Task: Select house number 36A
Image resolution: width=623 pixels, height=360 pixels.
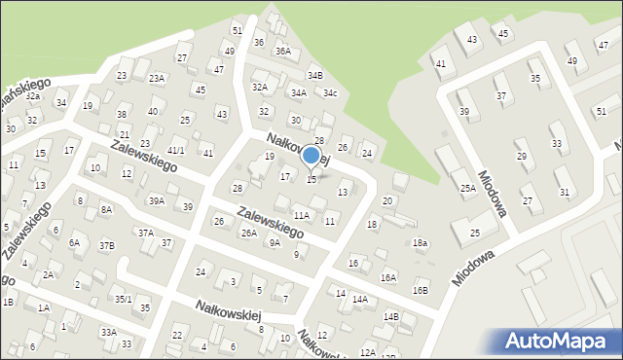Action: point(282,51)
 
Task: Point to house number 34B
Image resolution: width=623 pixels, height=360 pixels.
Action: point(314,75)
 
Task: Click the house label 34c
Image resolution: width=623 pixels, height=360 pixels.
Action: point(330,93)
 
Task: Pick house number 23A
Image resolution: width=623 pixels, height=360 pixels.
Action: point(156,78)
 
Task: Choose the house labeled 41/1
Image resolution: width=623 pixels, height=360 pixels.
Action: point(176,150)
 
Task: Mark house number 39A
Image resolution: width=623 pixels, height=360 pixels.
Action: point(156,201)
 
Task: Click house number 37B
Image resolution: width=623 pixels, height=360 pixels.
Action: point(105,245)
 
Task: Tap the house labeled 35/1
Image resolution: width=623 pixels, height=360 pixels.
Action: point(123,299)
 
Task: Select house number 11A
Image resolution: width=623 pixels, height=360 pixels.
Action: point(302,215)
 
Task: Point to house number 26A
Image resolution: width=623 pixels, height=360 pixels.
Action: point(249,234)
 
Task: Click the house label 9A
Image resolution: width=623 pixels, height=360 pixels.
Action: point(275,244)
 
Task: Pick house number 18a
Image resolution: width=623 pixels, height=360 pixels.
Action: point(420,242)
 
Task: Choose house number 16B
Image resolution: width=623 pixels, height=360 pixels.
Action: point(420,290)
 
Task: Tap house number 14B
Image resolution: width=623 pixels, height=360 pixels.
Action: point(390,316)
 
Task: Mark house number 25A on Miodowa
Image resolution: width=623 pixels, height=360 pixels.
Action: point(468,188)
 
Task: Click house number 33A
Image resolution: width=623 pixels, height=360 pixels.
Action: point(108,333)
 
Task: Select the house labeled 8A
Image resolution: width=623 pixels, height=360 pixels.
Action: point(106,209)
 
